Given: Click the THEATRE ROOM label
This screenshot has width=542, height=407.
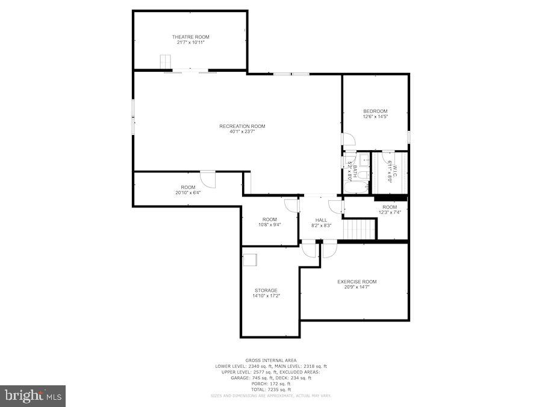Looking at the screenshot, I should pyautogui.click(x=190, y=37).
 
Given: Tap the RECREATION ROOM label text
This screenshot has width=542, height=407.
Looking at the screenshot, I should pyautogui.click(x=242, y=126).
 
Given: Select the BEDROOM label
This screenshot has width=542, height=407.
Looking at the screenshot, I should pyautogui.click(x=375, y=111).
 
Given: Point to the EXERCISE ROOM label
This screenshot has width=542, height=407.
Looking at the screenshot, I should pyautogui.click(x=357, y=282).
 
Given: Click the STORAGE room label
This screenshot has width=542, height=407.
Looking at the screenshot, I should pyautogui.click(x=266, y=290).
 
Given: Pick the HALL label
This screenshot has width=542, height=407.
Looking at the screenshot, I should pyautogui.click(x=321, y=220).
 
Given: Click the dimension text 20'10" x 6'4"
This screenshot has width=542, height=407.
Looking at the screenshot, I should pyautogui.click(x=188, y=193).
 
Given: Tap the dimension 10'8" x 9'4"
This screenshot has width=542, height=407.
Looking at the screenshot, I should pyautogui.click(x=269, y=225).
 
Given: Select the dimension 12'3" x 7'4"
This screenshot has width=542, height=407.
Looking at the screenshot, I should pyautogui.click(x=390, y=212).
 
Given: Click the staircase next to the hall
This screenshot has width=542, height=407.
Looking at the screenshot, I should pyautogui.click(x=360, y=229).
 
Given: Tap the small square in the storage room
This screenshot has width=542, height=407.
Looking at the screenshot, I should pyautogui.click(x=249, y=260).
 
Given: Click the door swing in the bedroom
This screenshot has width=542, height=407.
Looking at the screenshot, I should pyautogui.click(x=349, y=139).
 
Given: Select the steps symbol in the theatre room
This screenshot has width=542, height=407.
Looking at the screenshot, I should pyautogui.click(x=165, y=63).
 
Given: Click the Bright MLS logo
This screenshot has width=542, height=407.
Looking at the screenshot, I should pyautogui.click(x=33, y=396).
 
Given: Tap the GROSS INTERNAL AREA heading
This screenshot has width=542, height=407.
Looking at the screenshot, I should pyautogui.click(x=270, y=360).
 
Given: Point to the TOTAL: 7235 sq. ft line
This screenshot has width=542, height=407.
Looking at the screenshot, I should pyautogui.click(x=270, y=389).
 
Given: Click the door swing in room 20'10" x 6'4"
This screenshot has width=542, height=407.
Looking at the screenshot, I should pyautogui.click(x=208, y=180).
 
